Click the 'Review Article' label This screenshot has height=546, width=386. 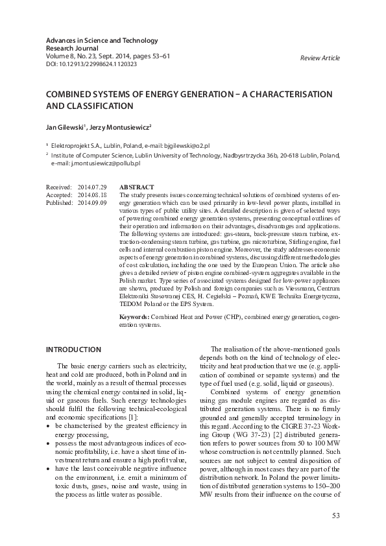(x=320, y=58)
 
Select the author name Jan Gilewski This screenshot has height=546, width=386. (x=65, y=128)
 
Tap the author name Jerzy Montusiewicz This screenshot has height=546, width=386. (x=123, y=128)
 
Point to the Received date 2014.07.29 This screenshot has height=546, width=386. (x=91, y=187)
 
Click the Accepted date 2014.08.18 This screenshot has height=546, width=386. (x=91, y=195)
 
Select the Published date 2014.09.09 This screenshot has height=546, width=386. (x=91, y=202)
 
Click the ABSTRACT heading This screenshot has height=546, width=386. (x=136, y=187)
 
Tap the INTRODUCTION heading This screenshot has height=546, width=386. (x=73, y=350)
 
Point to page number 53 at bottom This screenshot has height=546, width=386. (x=335, y=516)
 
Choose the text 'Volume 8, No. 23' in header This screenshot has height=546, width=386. (x=71, y=57)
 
